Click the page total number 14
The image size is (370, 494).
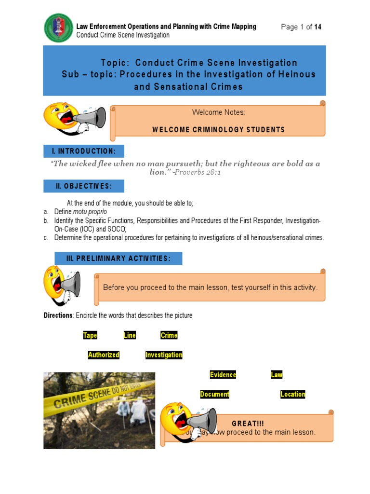[x=318, y=27]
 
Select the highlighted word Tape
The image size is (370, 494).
[x=90, y=335]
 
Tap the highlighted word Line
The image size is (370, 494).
[x=130, y=335]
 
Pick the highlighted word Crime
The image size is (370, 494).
[x=169, y=335]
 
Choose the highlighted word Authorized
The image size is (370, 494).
[x=104, y=355]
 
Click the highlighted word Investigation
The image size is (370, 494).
[x=164, y=355]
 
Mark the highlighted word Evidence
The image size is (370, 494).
[x=223, y=374]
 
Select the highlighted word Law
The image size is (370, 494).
[x=277, y=374]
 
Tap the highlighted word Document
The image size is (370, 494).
[x=215, y=394]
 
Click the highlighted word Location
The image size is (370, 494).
[x=293, y=394]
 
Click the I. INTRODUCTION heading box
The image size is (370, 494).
[x=84, y=151]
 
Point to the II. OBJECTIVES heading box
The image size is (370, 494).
[x=84, y=186]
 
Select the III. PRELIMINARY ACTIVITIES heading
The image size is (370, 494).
[x=118, y=259]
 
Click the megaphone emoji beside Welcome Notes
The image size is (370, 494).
[x=75, y=118]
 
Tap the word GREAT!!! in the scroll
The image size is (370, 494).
[x=248, y=423]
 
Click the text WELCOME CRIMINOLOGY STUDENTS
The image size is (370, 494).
[x=218, y=130]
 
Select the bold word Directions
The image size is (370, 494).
[x=58, y=316]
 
